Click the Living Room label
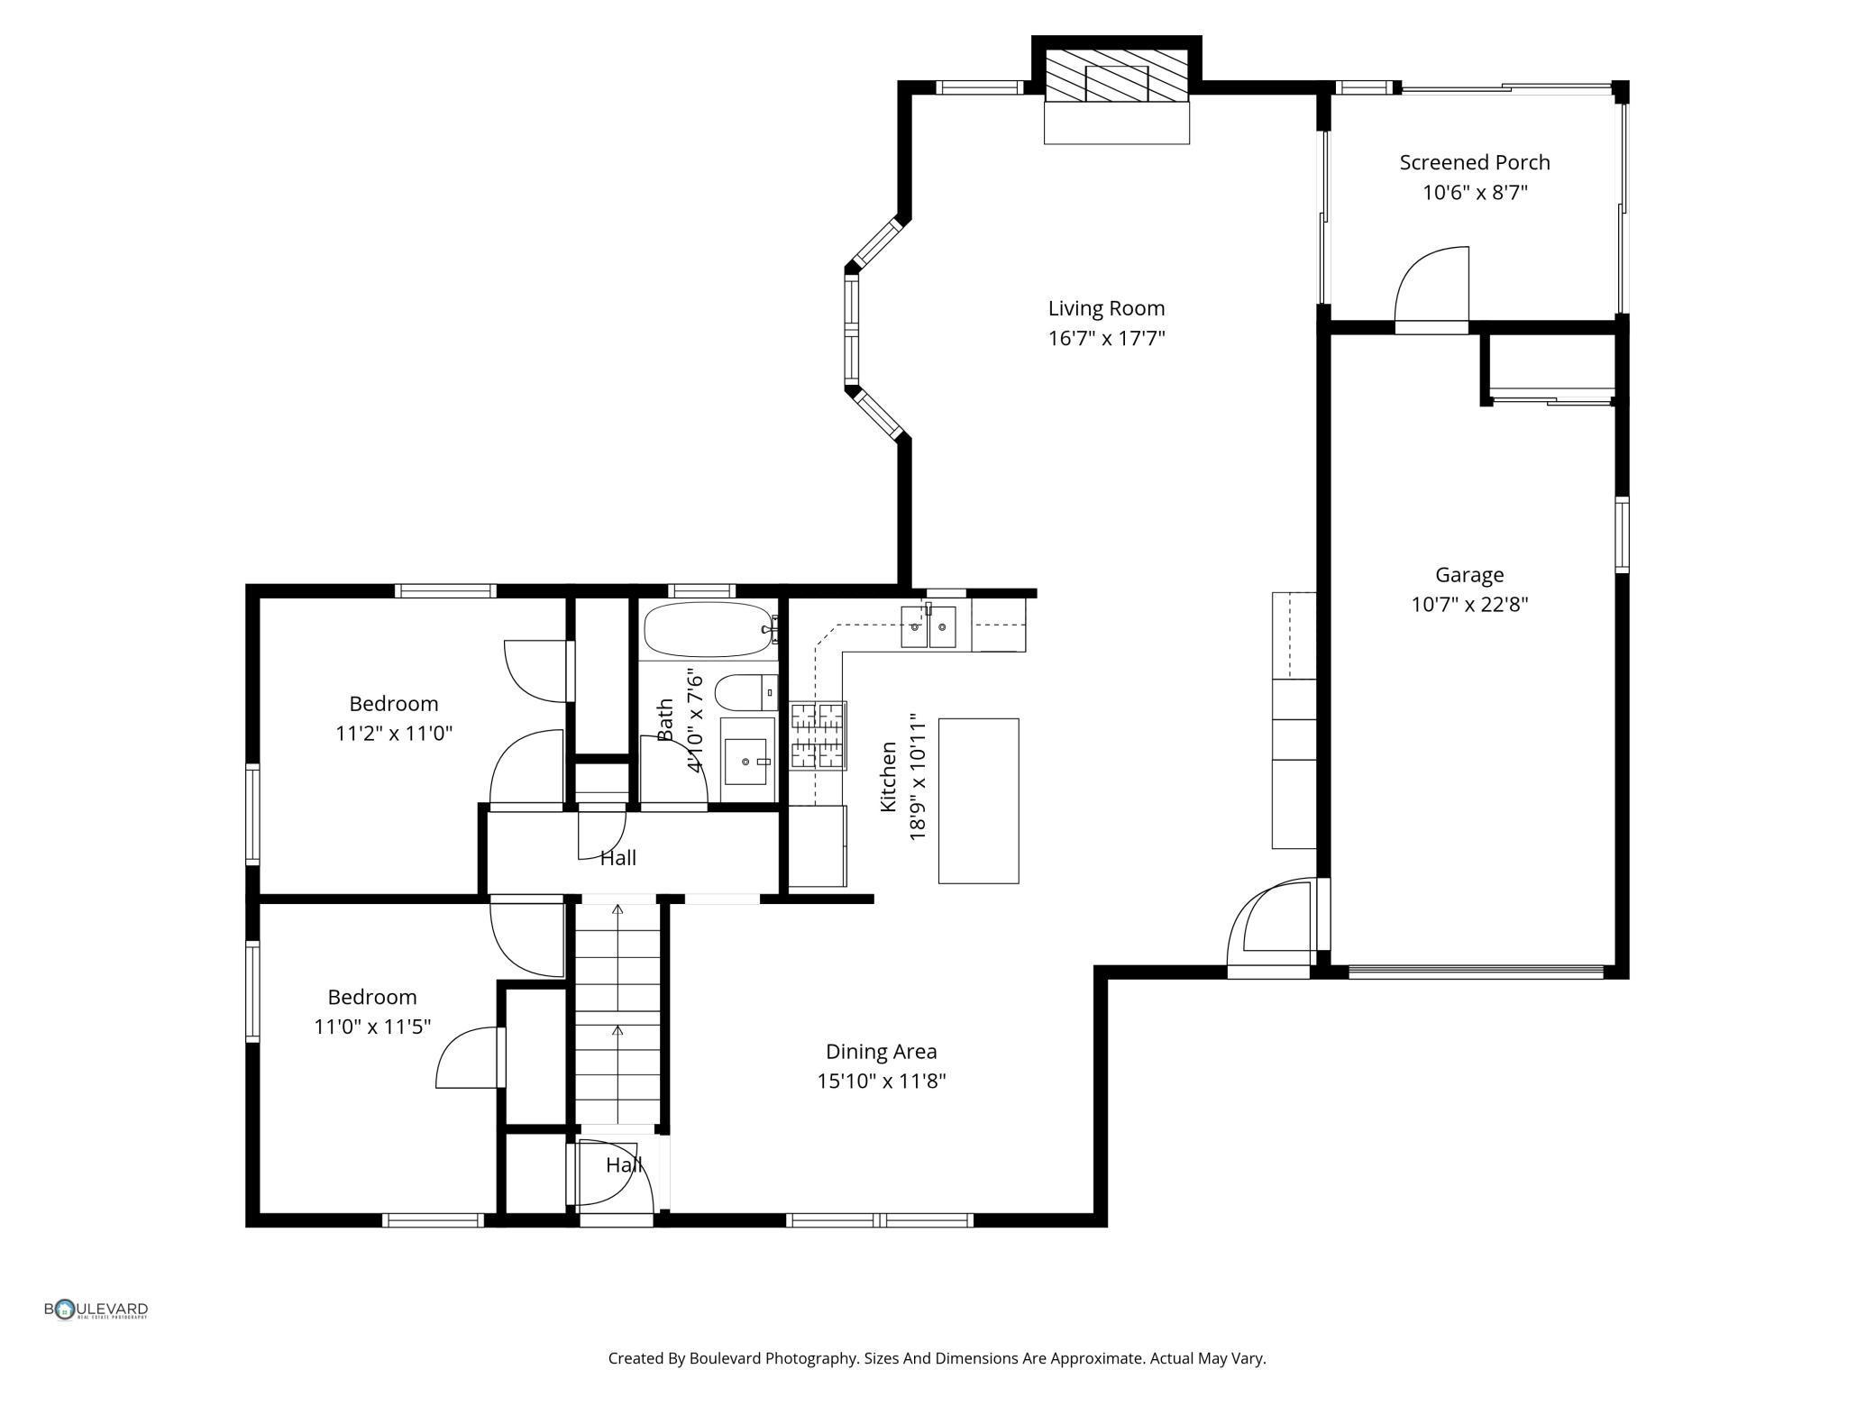pyautogui.click(x=1106, y=308)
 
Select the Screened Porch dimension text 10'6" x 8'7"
pyautogui.click(x=1475, y=192)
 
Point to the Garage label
pyautogui.click(x=1469, y=575)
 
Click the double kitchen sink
pyautogui.click(x=928, y=625)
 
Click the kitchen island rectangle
pyautogui.click(x=979, y=800)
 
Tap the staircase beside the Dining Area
pyautogui.click(x=617, y=1014)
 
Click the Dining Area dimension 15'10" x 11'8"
pyautogui.click(x=881, y=1081)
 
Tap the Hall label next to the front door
pyautogui.click(x=624, y=1165)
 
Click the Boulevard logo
pyautogui.click(x=96, y=1310)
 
